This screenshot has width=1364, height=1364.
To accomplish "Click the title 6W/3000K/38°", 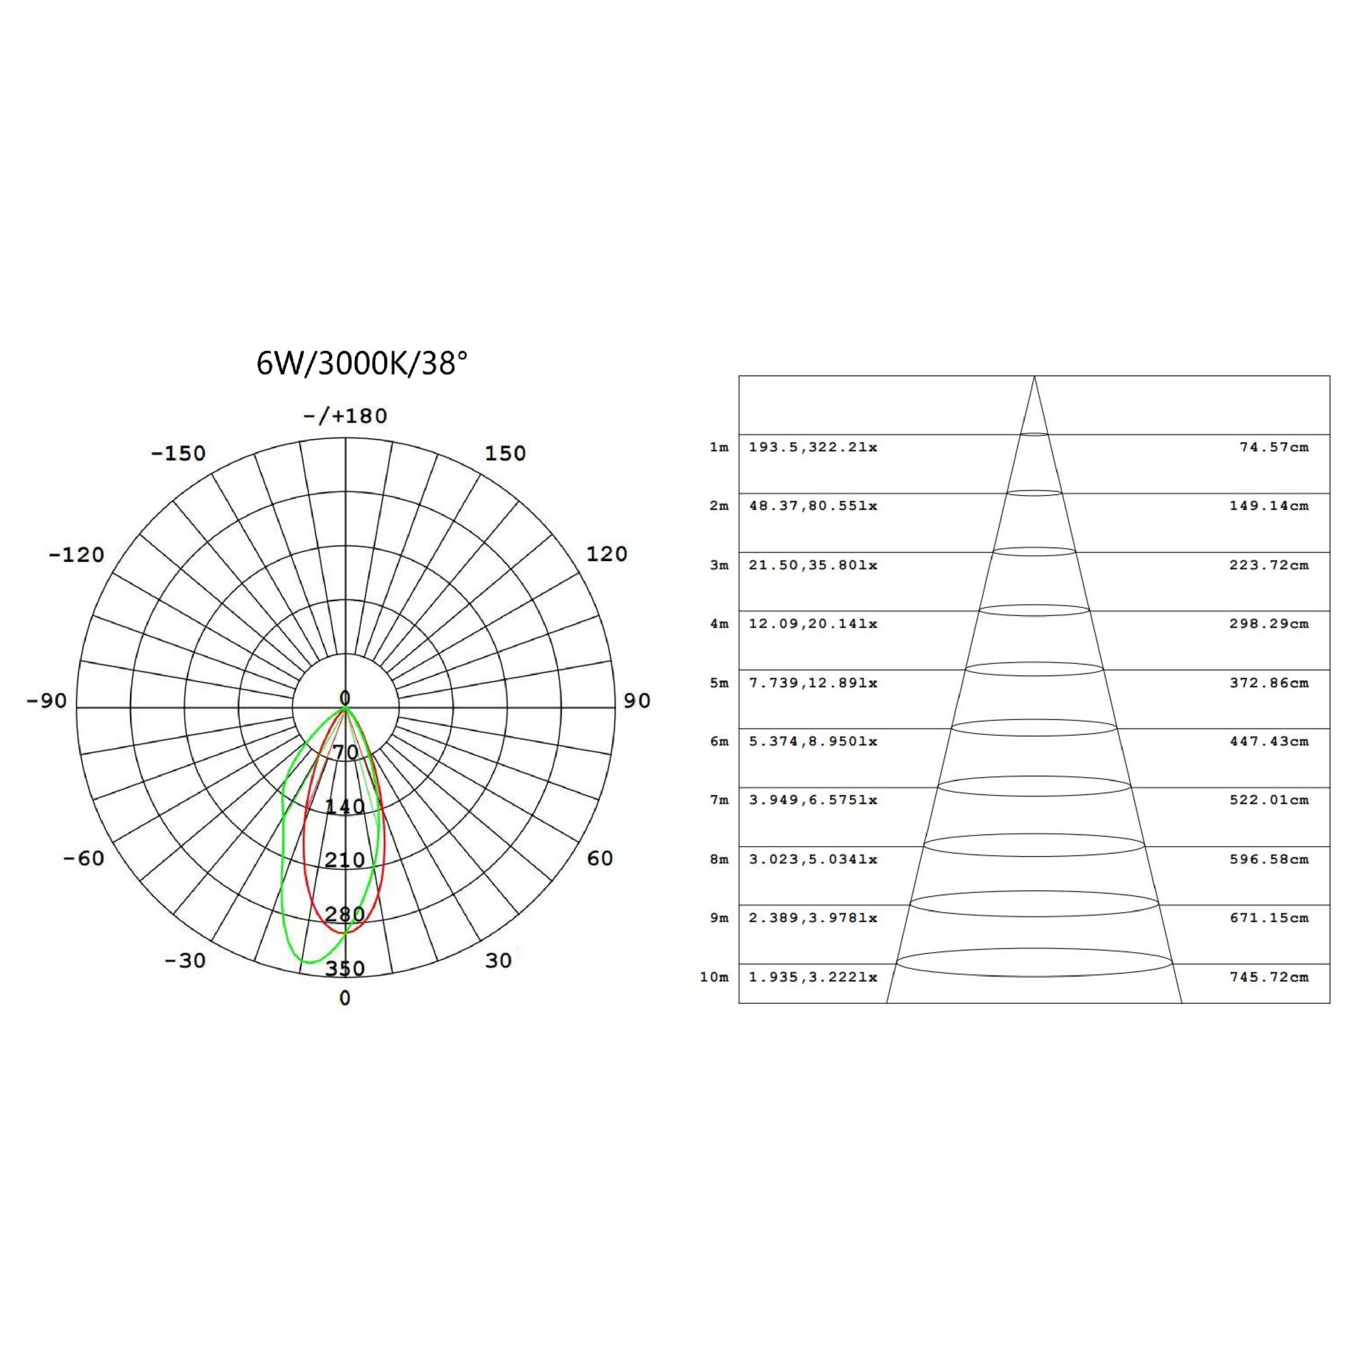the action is pyautogui.click(x=361, y=364).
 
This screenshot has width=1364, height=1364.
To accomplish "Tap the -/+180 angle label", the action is pyautogui.click(x=345, y=416).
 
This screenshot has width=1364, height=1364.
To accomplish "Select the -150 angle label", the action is pyautogui.click(x=178, y=453).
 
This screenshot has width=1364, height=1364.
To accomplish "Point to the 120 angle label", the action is pyautogui.click(x=606, y=554).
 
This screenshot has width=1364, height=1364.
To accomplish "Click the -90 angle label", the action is pyautogui.click(x=46, y=701).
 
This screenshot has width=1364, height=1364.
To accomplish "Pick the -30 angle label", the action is pyautogui.click(x=185, y=961).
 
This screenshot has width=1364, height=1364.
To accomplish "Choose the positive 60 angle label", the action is pyautogui.click(x=600, y=858).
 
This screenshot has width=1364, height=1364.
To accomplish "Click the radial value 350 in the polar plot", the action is pyautogui.click(x=345, y=968).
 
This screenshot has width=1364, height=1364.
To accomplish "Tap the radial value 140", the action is pyautogui.click(x=345, y=806).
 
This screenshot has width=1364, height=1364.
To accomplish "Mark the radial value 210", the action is pyautogui.click(x=345, y=860).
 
